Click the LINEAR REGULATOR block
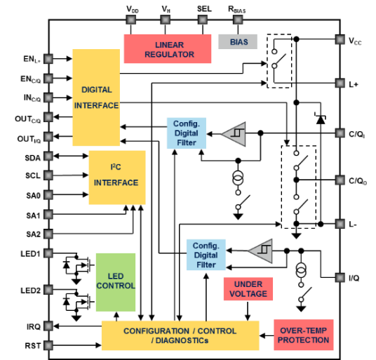coord(168,48)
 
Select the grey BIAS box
coord(238,41)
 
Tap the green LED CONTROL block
coord(116,282)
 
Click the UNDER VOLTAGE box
coord(248,289)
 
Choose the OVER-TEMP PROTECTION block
coord(304,335)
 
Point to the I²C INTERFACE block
coord(117,178)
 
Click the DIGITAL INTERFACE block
coord(96,98)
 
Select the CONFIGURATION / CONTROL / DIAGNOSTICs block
coord(180,335)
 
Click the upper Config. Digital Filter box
coord(187,133)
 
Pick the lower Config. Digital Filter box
coord(206,255)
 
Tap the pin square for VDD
coord(131,20)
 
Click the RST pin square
coord(48,345)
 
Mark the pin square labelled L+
coord(340,83)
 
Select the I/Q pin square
coord(340,278)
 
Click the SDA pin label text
coord(32,158)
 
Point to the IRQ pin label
coord(34,326)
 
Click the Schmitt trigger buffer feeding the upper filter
coord(234,134)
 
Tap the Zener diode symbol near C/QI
coord(321,119)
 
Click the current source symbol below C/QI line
coord(238,178)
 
